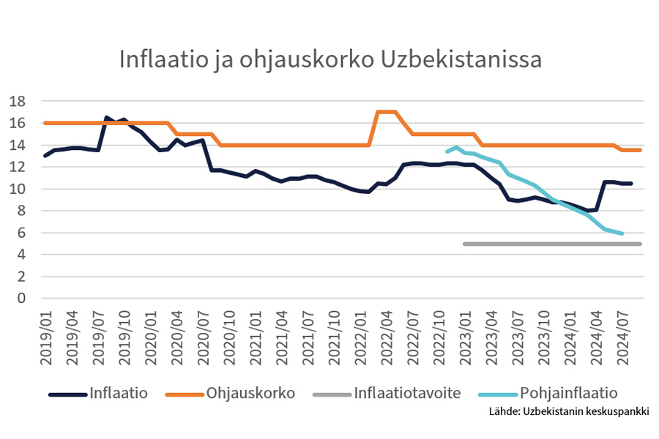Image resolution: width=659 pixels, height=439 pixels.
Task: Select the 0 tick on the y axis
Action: click(x=23, y=299)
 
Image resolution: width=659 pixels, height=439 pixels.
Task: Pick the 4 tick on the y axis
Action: click(x=23, y=255)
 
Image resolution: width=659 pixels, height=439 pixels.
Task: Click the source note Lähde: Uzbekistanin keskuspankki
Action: click(x=569, y=411)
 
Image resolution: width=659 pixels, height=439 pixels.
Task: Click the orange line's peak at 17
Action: click(x=386, y=112)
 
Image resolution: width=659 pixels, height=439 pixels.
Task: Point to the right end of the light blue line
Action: click(x=622, y=233)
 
